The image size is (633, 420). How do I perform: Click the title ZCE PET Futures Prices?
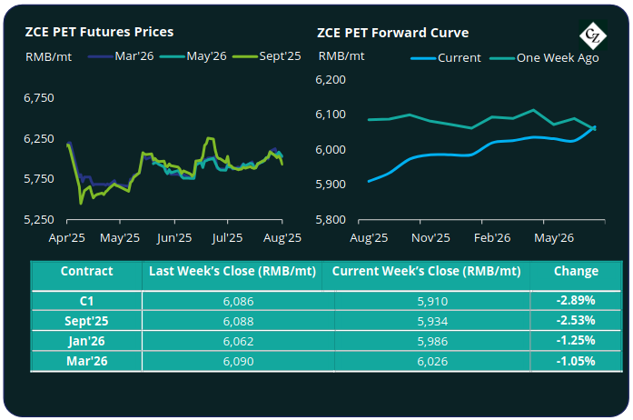pos(99,32)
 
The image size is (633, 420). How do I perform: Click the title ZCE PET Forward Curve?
pos(392,32)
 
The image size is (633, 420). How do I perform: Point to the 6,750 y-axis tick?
pos(38,96)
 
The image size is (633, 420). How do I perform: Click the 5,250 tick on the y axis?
pos(38,219)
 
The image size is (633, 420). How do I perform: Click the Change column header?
pos(576,271)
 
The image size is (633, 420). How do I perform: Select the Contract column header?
pos(86,271)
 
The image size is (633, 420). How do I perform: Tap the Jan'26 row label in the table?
pos(86,340)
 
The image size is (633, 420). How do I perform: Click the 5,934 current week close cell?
pos(427,319)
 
